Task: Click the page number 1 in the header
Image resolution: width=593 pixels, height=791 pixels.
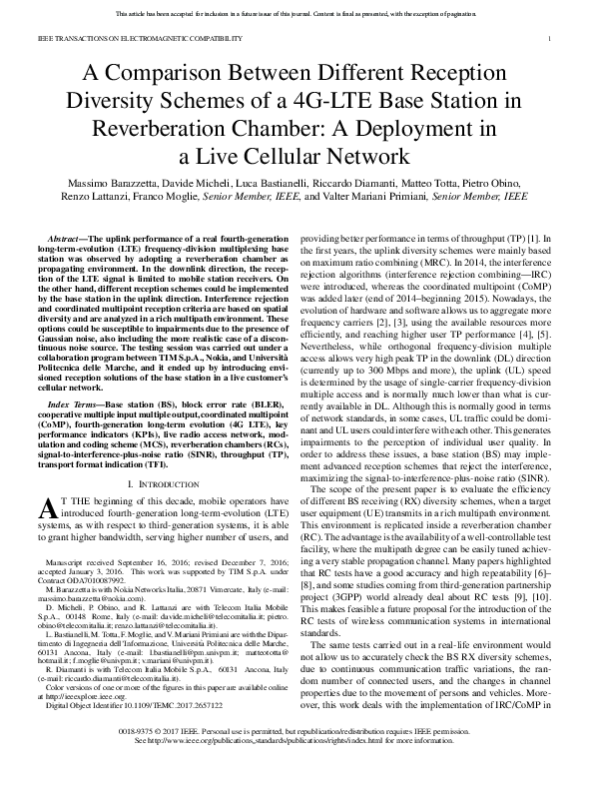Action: tap(551, 38)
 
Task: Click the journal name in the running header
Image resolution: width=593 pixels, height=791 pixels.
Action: tap(127, 38)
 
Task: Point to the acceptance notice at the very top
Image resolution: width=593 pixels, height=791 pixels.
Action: tap(296, 14)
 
